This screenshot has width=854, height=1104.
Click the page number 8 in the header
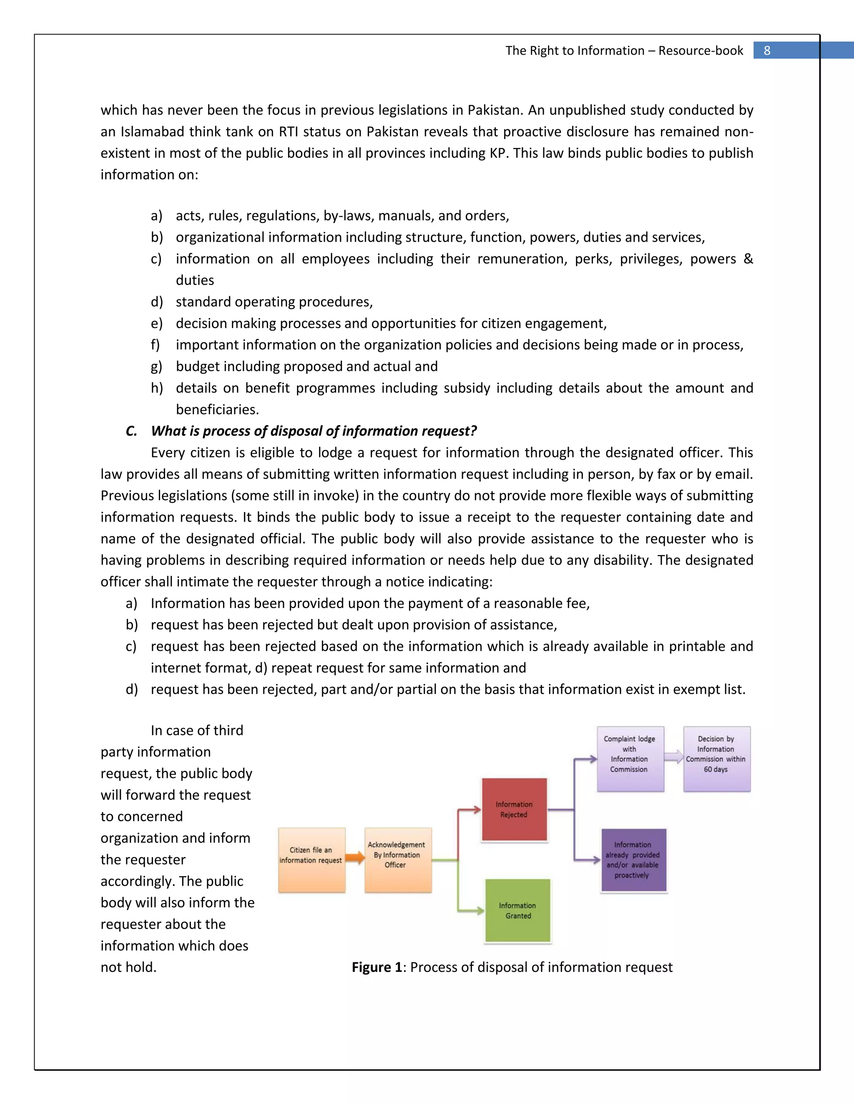coord(767,50)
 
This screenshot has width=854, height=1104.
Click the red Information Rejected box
coord(514,810)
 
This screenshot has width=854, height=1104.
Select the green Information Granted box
coord(517,910)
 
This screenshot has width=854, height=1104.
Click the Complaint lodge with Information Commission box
coord(630,759)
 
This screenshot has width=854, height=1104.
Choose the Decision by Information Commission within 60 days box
coord(716,759)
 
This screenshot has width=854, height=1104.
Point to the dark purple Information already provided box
coord(633,860)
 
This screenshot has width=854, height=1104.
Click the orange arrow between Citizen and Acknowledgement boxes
coord(355,857)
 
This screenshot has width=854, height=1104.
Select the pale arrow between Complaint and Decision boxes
coord(674,757)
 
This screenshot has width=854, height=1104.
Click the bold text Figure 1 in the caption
coord(377,967)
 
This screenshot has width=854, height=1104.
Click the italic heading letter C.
coord(131,431)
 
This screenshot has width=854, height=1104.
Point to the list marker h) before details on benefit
coord(157,388)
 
